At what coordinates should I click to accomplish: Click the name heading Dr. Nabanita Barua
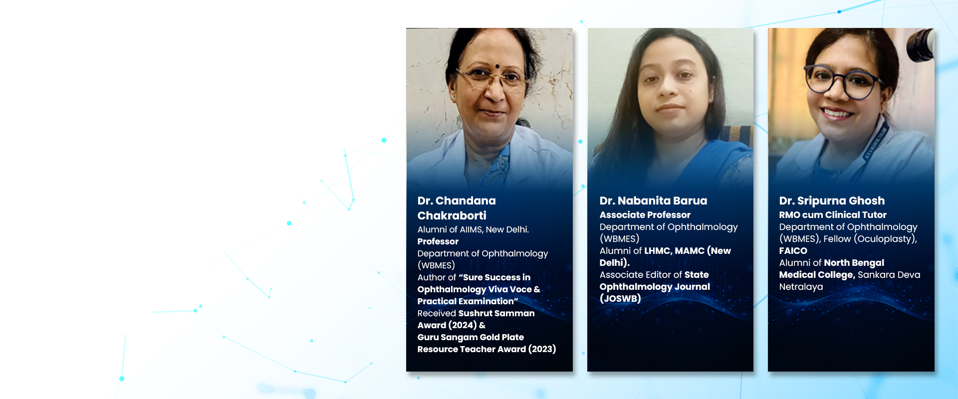(653, 200)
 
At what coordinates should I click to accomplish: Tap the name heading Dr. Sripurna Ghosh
(832, 200)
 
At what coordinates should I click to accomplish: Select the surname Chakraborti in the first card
(452, 215)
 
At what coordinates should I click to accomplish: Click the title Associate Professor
(645, 215)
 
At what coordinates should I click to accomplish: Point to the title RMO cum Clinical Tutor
(833, 215)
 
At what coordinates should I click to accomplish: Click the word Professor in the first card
(438, 241)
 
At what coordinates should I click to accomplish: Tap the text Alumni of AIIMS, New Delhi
(473, 229)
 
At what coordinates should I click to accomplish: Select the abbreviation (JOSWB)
(620, 299)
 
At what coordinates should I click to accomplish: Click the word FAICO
(793, 251)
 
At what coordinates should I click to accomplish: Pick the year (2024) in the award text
(462, 325)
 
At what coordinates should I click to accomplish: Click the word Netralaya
(801, 287)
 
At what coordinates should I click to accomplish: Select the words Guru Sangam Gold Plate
(471, 337)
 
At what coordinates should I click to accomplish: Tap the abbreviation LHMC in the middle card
(657, 251)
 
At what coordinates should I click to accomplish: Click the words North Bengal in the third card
(854, 263)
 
